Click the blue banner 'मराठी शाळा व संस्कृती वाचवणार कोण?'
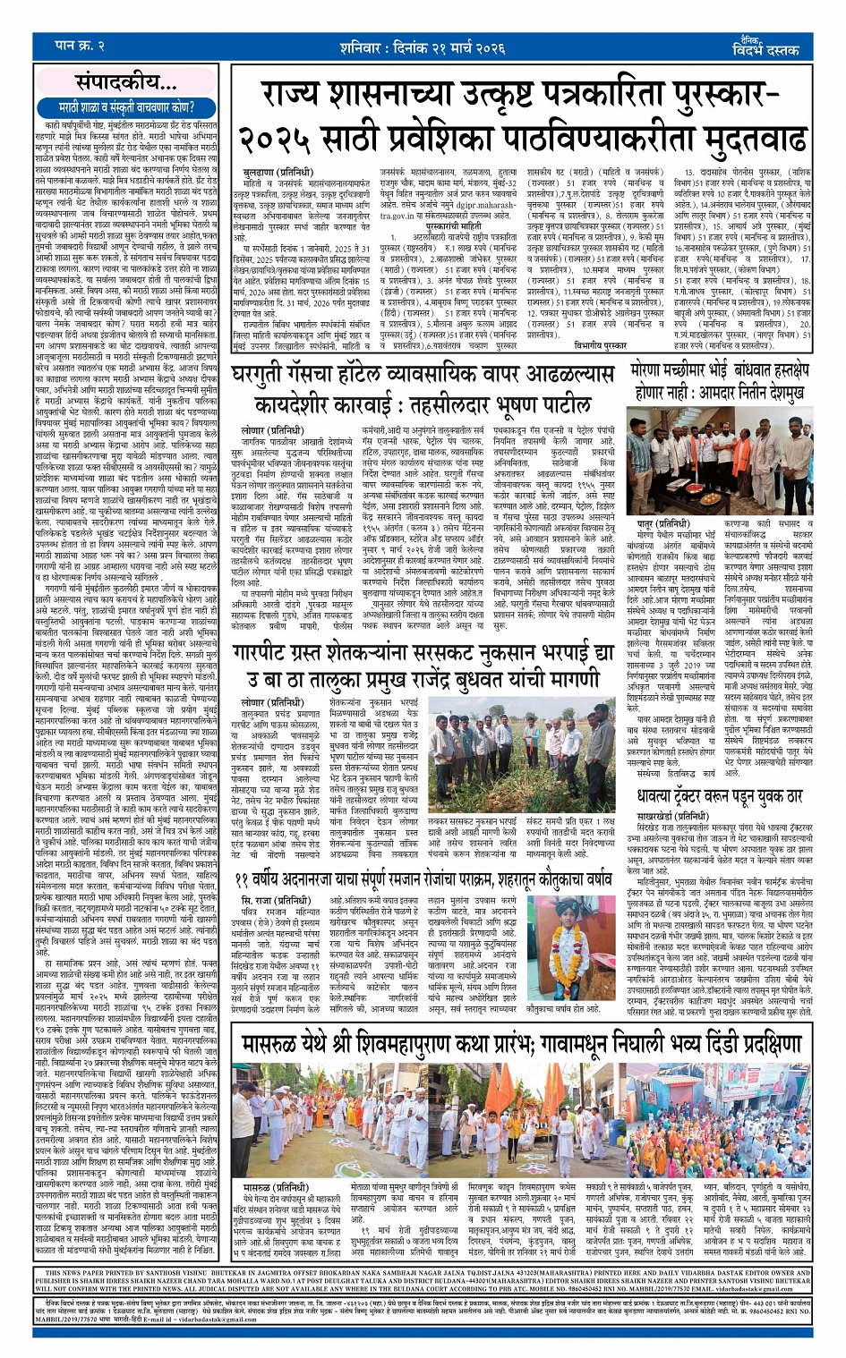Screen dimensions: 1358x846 point(127,106)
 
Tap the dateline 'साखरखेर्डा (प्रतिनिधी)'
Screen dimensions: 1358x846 point(678,817)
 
